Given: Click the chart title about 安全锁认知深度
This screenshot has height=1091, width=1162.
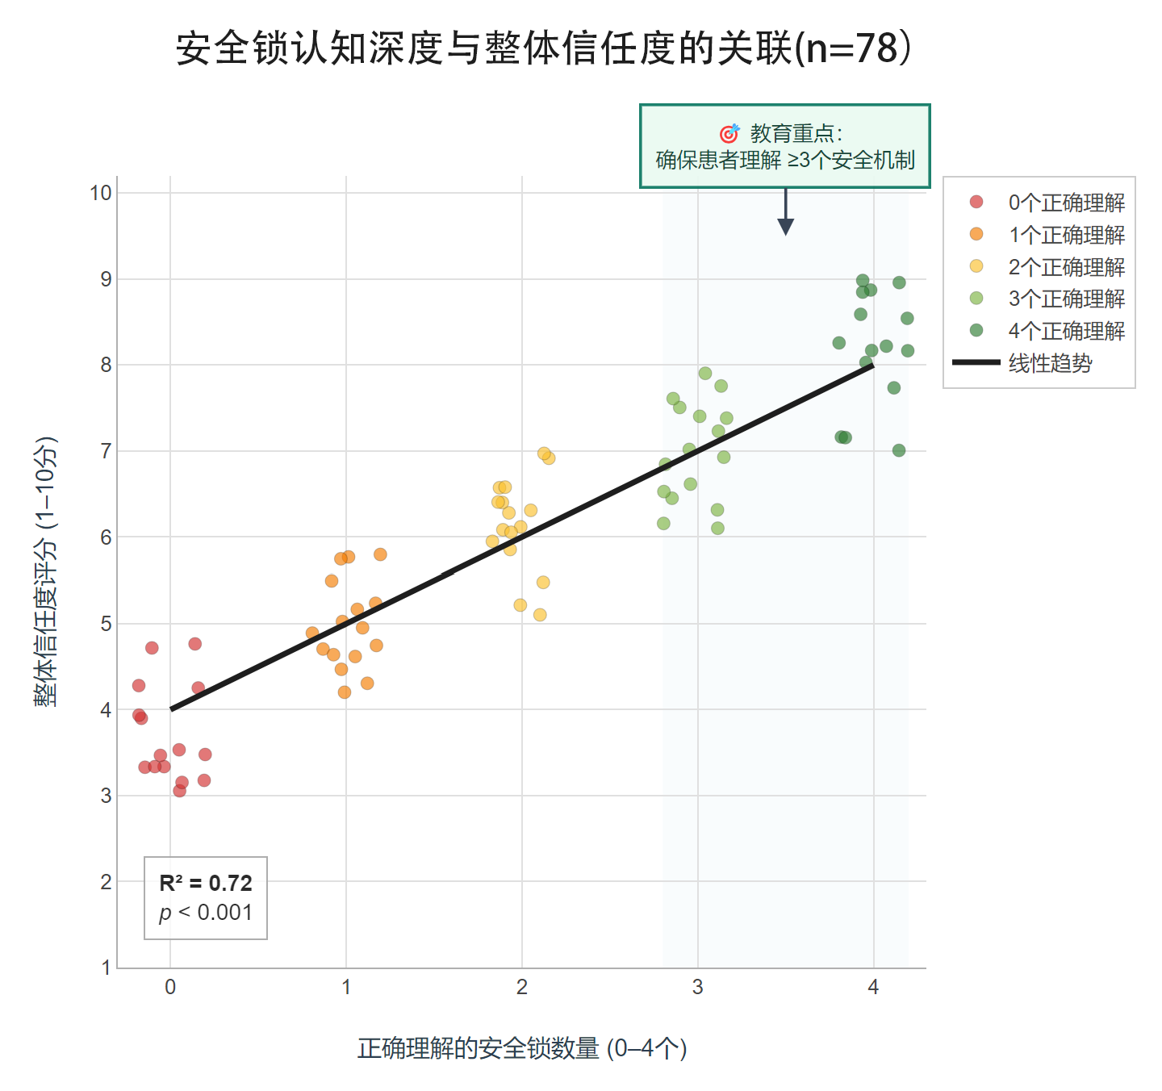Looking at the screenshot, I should click(x=545, y=48).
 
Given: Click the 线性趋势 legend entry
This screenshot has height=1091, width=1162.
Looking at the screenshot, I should click(x=1050, y=363).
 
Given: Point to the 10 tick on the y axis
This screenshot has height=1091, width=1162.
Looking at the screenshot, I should click(x=101, y=193).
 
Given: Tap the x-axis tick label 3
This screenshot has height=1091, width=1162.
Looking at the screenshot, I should click(x=697, y=987).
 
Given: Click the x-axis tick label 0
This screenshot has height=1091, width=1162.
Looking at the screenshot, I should click(x=170, y=987).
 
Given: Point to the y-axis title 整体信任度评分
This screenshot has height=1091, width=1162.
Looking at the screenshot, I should click(x=45, y=571).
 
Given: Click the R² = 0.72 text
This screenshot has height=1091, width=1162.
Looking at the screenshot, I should click(x=206, y=884).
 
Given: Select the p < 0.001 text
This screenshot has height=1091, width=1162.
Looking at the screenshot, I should click(x=206, y=913).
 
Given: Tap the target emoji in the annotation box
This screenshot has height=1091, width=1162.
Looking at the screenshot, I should click(x=729, y=133).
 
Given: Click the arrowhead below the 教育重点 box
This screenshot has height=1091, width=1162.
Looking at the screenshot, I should click(x=785, y=228).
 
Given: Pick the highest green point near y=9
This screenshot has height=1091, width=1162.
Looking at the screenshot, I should click(x=863, y=281).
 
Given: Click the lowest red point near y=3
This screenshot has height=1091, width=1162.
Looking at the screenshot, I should click(x=179, y=791).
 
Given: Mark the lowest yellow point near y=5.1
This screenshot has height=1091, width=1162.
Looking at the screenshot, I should click(x=540, y=615).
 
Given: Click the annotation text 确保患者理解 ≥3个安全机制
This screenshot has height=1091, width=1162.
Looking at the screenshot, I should click(x=785, y=160).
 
